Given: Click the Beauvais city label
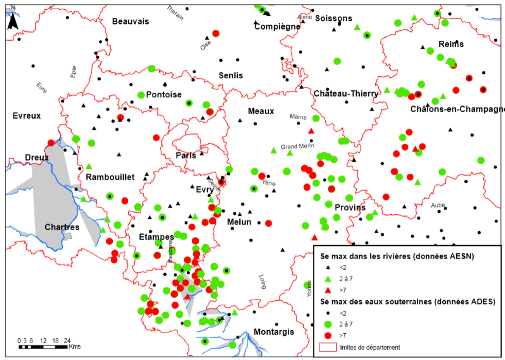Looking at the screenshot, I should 131,21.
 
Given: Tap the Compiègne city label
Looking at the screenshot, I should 277,26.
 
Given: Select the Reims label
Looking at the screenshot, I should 451,44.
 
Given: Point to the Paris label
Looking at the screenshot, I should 186,155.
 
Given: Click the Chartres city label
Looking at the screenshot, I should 62,227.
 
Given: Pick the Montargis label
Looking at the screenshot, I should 274,332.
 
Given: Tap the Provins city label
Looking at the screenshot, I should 350,208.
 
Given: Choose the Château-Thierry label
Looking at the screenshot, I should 346,94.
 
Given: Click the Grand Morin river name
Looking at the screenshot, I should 297,146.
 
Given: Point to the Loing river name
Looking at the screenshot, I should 263,282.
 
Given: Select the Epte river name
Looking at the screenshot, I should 74,72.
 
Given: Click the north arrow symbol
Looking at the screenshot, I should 13,21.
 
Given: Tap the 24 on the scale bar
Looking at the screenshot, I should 67,341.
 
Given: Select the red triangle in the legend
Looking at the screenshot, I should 328,290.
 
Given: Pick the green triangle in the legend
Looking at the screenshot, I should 328,279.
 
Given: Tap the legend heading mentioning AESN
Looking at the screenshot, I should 397,256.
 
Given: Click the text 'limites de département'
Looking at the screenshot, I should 369,347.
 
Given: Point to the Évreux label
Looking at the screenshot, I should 27,116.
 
